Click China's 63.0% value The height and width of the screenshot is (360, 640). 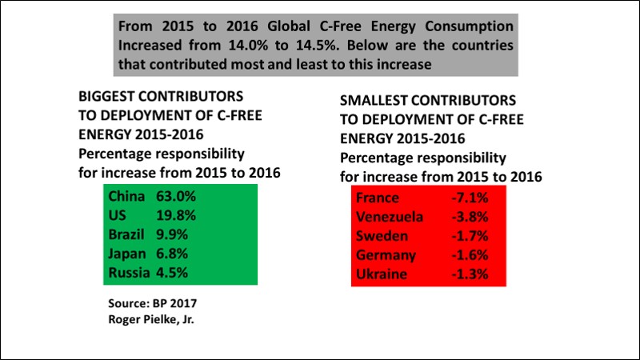tap(176, 196)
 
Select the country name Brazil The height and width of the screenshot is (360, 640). tap(126, 234)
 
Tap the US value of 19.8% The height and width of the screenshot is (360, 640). tap(176, 215)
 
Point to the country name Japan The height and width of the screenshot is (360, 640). tap(127, 254)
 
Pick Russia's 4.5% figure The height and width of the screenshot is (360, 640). tap(172, 273)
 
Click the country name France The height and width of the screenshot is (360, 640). tap(378, 198)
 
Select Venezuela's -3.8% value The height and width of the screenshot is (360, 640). tap(470, 217)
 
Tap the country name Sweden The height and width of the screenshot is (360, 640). tap(382, 236)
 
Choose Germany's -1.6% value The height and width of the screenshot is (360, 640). tap(470, 255)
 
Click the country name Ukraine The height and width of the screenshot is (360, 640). tap(382, 274)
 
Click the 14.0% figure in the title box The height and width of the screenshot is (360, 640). tap(248, 46)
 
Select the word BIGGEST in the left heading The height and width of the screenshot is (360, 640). tap(106, 96)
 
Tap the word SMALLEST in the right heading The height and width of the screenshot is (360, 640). tap(372, 101)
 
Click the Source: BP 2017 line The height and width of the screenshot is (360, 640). tap(152, 304)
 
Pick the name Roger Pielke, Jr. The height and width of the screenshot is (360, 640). tap(151, 319)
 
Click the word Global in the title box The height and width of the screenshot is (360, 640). tap(289, 26)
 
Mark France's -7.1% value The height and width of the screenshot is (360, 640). tap(470, 198)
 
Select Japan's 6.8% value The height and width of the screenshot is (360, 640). tap(172, 254)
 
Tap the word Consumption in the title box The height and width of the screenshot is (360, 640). tap(469, 26)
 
